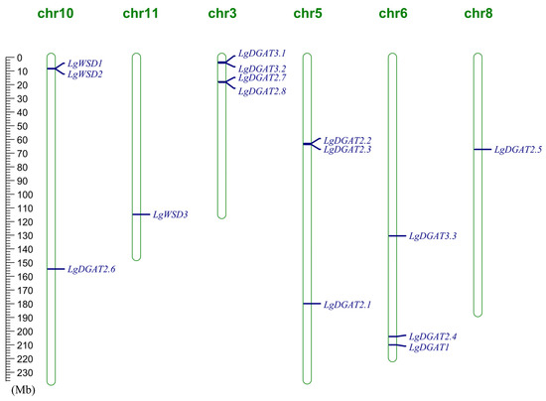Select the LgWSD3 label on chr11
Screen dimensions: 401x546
[170, 214]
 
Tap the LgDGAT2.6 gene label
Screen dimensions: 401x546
[91, 269]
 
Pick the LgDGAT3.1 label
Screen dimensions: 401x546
[262, 55]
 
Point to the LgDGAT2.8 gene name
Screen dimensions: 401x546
[262, 91]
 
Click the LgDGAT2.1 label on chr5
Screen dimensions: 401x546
[347, 305]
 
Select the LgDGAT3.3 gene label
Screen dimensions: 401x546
[433, 236]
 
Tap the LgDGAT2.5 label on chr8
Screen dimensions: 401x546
[518, 150]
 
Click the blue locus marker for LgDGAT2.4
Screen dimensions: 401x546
[397, 337]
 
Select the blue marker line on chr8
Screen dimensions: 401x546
[482, 149]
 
